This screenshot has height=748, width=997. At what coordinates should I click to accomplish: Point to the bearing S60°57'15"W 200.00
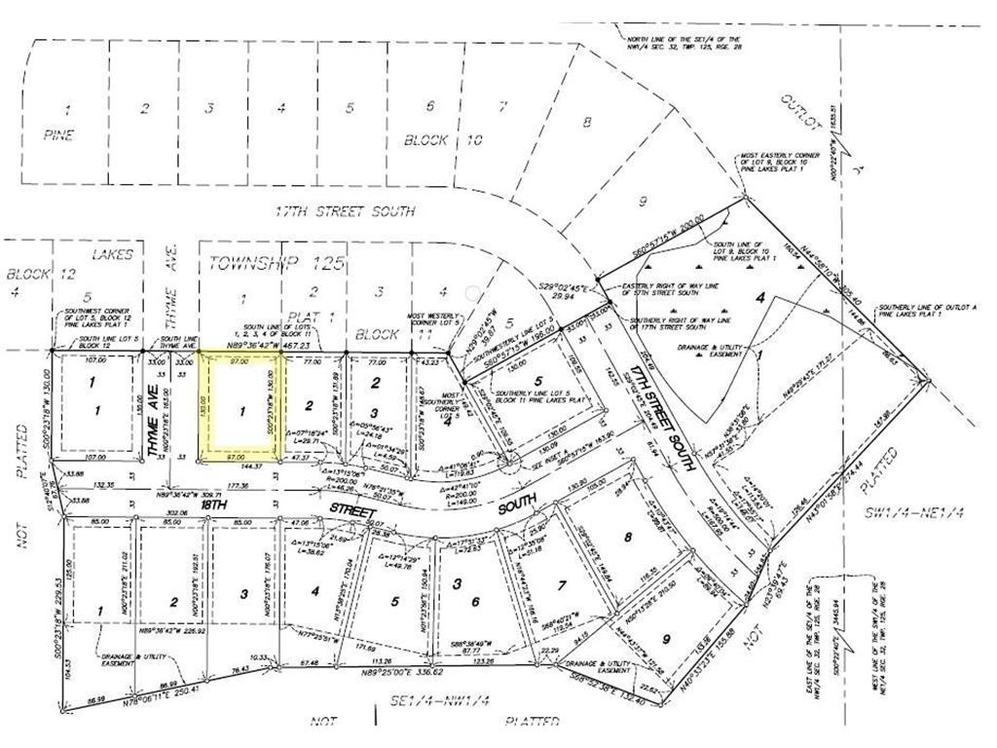click(x=667, y=223)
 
